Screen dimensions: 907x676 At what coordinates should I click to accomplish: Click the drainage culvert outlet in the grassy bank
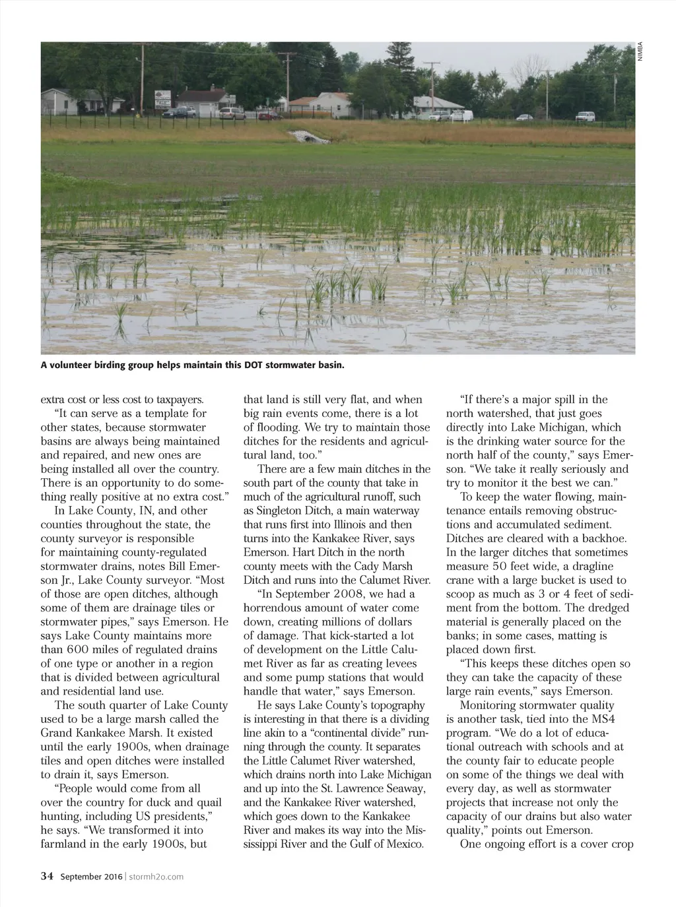[303, 137]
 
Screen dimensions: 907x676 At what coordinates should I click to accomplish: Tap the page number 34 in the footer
[47, 876]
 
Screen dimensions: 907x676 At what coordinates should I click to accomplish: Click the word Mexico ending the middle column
[403, 844]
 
